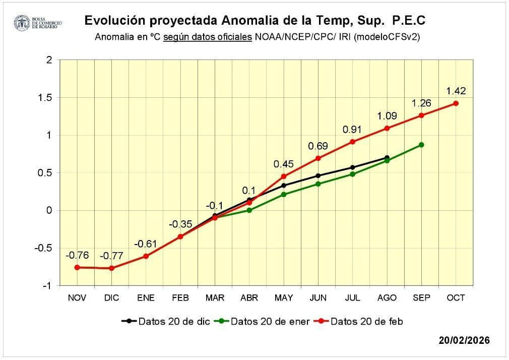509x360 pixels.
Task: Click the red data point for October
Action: point(456,103)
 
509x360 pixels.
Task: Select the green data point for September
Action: point(421,145)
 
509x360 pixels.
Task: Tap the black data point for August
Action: point(387,158)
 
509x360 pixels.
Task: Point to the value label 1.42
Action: point(456,91)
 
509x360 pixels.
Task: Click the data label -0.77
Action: point(111,256)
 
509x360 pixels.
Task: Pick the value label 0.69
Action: point(318,146)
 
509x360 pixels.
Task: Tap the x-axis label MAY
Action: point(284,298)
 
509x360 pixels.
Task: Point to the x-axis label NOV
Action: point(77,298)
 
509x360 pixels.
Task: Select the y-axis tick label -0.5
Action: point(43,248)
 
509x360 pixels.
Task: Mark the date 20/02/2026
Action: point(464,340)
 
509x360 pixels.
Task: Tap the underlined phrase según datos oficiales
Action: point(208,37)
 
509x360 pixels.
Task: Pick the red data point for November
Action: point(77,267)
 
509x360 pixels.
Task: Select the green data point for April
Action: point(249,210)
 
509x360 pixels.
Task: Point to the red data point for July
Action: point(353,142)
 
